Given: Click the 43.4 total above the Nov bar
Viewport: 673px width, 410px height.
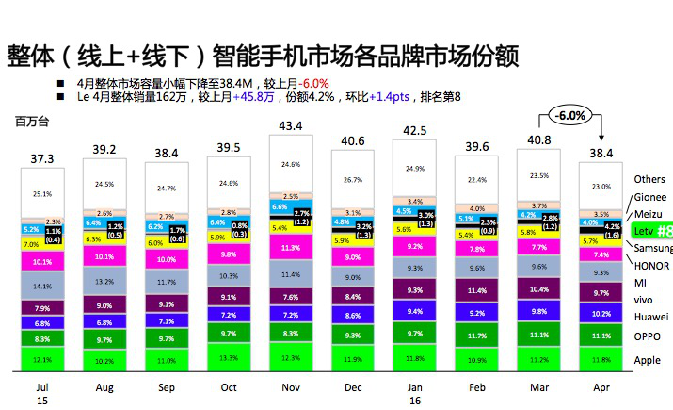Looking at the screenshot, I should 290,125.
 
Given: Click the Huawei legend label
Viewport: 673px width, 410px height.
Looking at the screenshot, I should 650,317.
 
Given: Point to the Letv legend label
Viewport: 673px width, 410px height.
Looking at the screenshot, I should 644,231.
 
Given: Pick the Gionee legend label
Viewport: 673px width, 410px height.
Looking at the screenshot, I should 650,197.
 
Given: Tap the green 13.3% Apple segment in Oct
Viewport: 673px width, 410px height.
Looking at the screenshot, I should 229,357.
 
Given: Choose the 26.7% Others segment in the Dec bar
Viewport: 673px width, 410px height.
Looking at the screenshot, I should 353,179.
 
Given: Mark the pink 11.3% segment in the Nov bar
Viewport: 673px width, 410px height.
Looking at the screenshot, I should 291,249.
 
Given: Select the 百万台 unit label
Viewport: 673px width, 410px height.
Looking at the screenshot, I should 30,122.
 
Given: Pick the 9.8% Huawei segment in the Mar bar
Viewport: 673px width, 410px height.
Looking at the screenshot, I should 539,312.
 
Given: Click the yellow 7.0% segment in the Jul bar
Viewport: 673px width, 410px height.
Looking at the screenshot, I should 31,244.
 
